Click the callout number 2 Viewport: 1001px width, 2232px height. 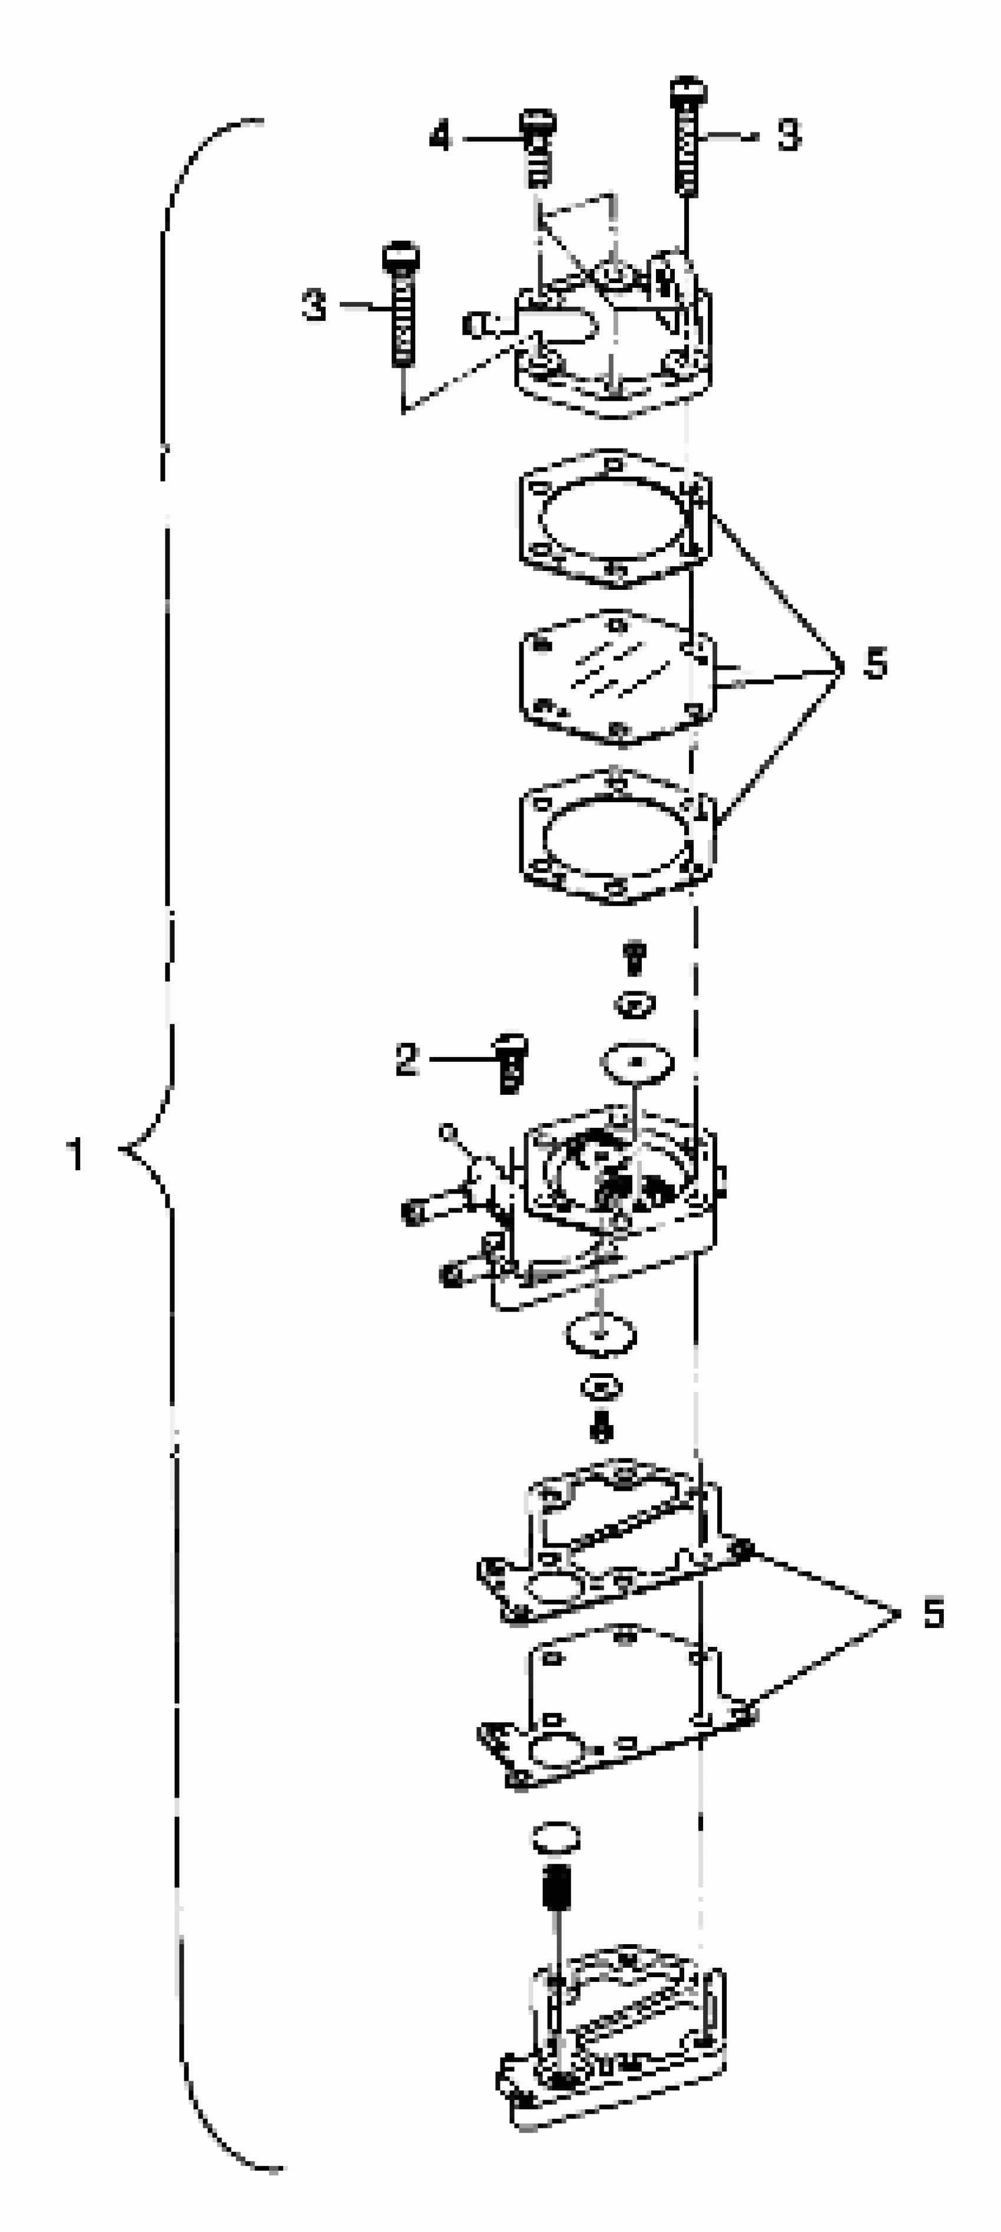pyautogui.click(x=406, y=1059)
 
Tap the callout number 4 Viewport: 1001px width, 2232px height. pyautogui.click(x=440, y=137)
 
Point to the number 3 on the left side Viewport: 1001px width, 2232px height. pyautogui.click(x=314, y=305)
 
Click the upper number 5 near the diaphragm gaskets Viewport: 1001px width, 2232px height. pyautogui.click(x=876, y=665)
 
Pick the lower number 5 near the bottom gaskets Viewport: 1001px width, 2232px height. pyautogui.click(x=933, y=1613)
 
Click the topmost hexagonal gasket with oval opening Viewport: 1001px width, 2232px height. pyautogui.click(x=615, y=518)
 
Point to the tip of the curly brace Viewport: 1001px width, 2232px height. pyautogui.click(x=121, y=1150)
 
